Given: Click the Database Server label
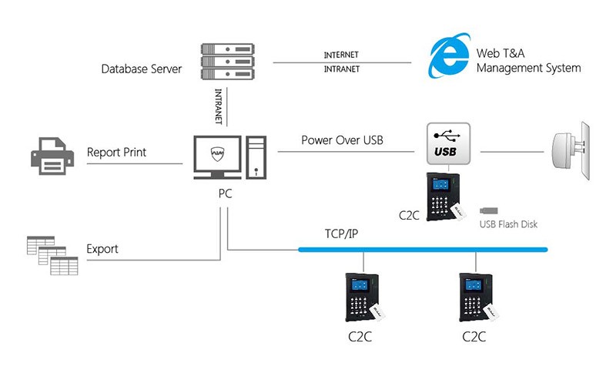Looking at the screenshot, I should [x=142, y=69].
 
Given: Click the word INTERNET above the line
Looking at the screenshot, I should [x=341, y=55].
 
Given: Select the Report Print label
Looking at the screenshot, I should [x=116, y=153].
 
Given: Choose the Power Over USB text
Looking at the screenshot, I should [x=342, y=141].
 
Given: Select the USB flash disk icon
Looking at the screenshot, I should [x=489, y=209].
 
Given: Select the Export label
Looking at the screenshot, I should [x=102, y=250].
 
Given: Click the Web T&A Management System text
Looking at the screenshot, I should [x=528, y=61].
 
